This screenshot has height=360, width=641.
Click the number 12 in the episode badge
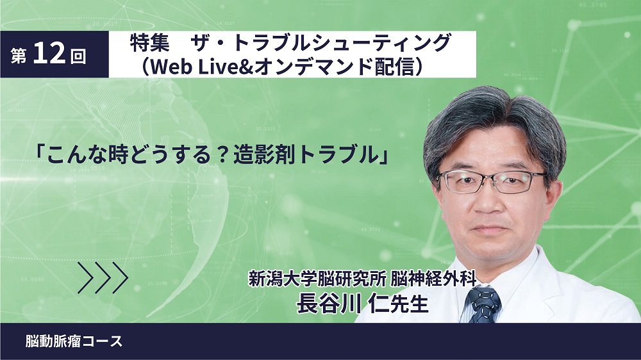point(49,53)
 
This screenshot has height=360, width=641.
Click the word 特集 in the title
point(149,43)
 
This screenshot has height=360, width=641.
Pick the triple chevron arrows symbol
point(103,278)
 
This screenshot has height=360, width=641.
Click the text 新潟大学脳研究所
point(317,279)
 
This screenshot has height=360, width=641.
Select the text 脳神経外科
point(434,279)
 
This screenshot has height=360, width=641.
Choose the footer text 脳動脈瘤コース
point(74,341)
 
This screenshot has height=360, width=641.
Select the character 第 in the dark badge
point(19,56)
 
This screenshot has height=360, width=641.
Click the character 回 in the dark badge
point(78,56)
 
